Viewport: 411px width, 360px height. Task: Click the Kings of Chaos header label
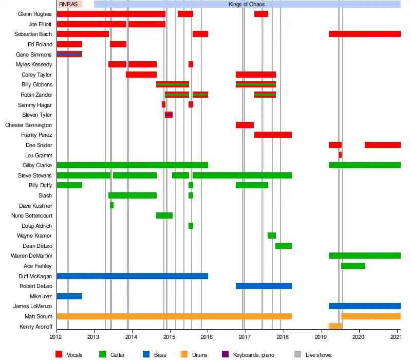(x=248, y=4)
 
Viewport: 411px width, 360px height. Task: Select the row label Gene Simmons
(x=34, y=54)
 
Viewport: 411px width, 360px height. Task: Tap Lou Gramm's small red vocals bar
(x=340, y=155)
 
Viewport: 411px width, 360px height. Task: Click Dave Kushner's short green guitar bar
(x=111, y=205)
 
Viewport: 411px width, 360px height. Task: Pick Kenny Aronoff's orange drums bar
(x=335, y=326)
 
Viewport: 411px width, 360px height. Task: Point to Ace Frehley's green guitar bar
(x=353, y=266)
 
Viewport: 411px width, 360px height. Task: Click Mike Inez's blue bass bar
(x=69, y=296)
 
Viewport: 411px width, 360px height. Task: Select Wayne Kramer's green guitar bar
(x=272, y=236)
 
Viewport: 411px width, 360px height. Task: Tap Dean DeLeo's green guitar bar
(x=284, y=246)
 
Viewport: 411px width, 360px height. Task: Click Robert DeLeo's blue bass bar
(x=264, y=286)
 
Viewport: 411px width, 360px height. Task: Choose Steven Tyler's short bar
(x=169, y=115)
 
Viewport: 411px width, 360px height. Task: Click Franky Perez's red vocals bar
(x=273, y=135)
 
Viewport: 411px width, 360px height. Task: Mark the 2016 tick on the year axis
(x=208, y=337)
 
